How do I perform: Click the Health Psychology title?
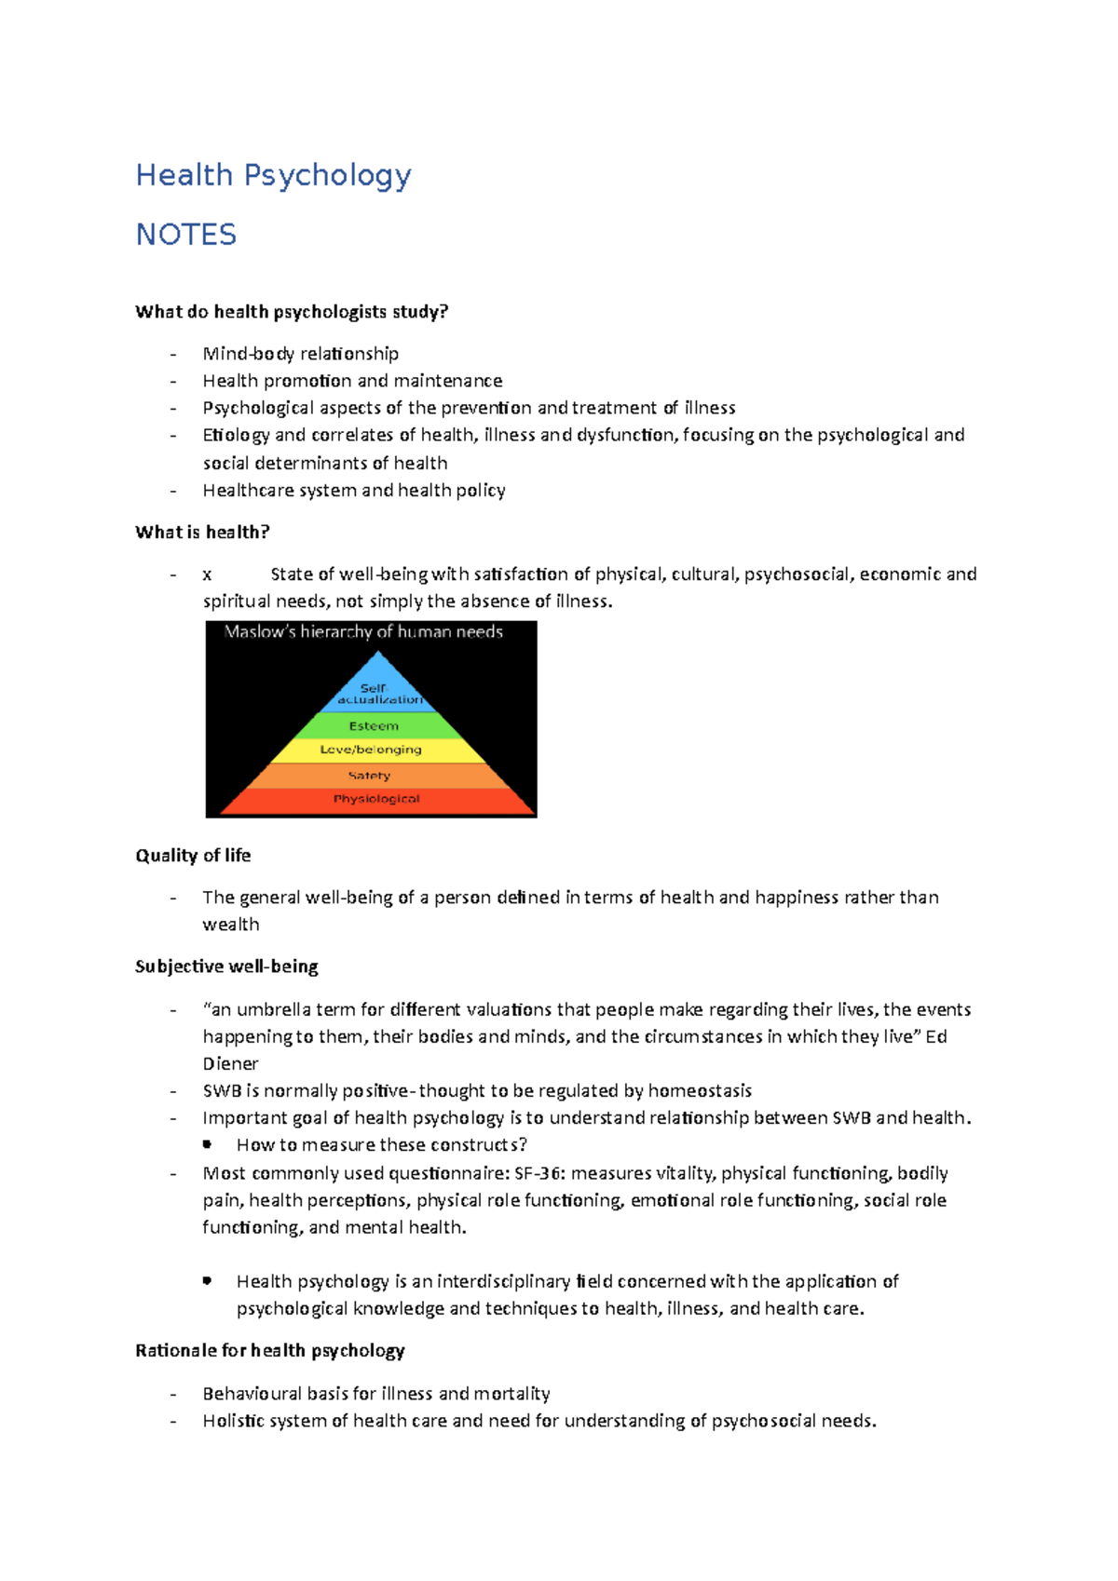click(x=273, y=175)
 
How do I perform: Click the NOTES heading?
click(x=186, y=235)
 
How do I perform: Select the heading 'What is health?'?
click(x=202, y=533)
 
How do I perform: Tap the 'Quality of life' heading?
click(x=193, y=856)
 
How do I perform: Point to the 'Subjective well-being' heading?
click(x=226, y=966)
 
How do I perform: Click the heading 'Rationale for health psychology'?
click(x=270, y=1351)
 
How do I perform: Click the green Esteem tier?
click(x=374, y=726)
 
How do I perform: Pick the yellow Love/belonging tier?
click(x=371, y=750)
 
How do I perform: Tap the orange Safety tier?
click(x=369, y=776)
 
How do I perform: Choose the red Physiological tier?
click(x=376, y=799)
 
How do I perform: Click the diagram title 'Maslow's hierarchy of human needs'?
click(x=363, y=632)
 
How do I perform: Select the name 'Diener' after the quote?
click(x=230, y=1063)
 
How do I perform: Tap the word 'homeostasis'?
click(x=700, y=1090)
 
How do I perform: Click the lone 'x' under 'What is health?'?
click(x=207, y=574)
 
